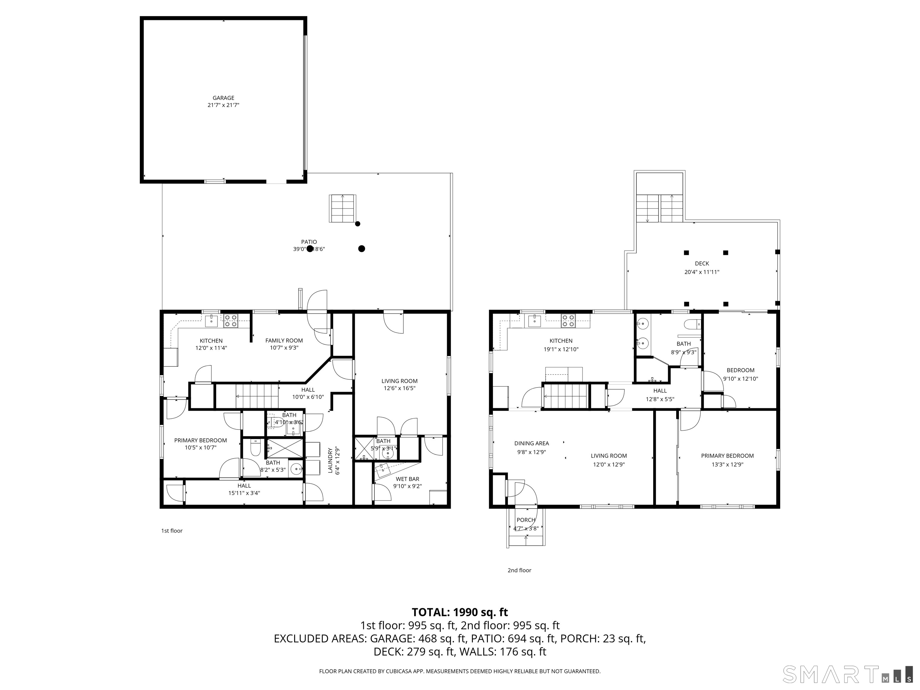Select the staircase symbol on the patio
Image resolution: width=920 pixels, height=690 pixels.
point(343,208)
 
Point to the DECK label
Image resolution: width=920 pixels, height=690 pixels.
point(702,263)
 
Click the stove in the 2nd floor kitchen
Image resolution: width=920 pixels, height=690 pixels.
point(568,320)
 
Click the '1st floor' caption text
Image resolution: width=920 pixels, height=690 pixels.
point(172,531)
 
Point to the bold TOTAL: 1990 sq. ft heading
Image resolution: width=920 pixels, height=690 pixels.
point(460,612)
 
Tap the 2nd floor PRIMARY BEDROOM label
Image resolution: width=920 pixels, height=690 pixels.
point(727,456)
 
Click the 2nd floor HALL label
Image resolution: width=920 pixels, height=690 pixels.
point(660,391)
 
